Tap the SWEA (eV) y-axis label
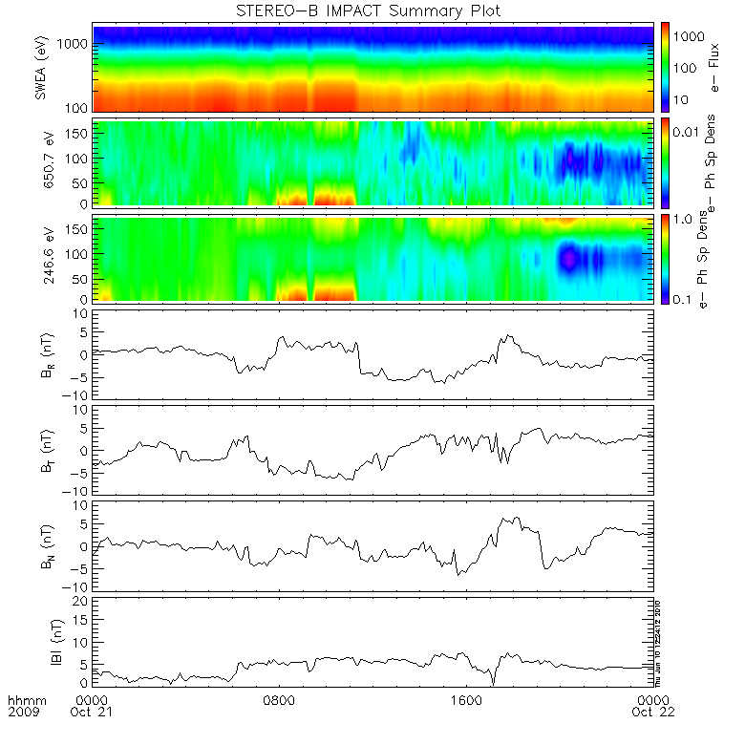[40, 67]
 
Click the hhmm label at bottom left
[24, 700]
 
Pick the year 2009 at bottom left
[24, 713]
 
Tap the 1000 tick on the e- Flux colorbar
[691, 34]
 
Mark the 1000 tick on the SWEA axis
[75, 45]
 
